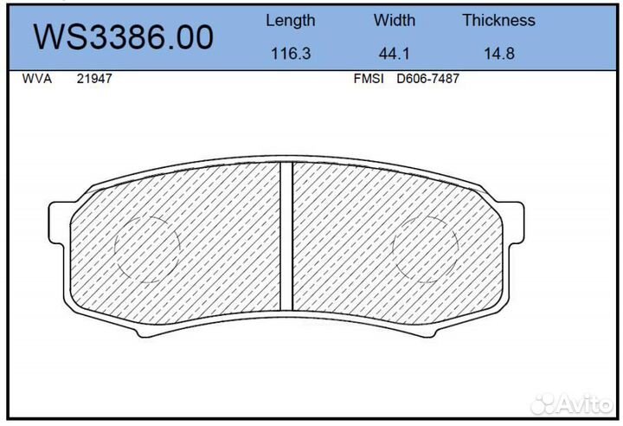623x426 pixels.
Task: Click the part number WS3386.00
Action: [122, 37]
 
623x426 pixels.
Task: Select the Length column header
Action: [290, 20]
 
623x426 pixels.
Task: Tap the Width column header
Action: [394, 20]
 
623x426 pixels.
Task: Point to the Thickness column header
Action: [498, 20]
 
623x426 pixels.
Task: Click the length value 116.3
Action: [290, 53]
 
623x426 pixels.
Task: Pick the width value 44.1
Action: [394, 53]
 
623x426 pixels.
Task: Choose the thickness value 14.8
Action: [498, 53]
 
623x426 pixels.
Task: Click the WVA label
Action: [36, 78]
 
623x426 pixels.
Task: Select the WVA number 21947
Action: [94, 78]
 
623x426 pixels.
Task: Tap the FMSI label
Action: [369, 78]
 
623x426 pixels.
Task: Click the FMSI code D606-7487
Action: [427, 78]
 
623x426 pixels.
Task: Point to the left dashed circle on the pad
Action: [146, 247]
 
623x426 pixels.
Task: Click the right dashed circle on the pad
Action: [425, 247]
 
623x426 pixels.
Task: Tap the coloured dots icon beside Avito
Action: [545, 403]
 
